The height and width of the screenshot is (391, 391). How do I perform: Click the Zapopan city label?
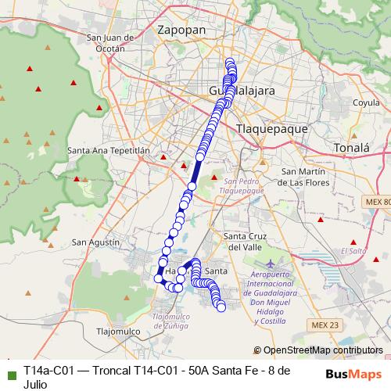coord(181,30)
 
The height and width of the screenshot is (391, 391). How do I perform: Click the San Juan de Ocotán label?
coord(106,42)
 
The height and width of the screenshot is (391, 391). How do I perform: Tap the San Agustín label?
coord(96,242)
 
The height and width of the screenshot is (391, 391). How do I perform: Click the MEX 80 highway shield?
coord(375,202)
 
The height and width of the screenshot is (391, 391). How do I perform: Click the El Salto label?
coord(353,251)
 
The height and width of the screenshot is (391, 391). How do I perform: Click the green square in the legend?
coord(9,369)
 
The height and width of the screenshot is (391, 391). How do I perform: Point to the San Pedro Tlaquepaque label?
coord(242,185)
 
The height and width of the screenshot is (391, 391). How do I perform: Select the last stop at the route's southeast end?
coord(221,307)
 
